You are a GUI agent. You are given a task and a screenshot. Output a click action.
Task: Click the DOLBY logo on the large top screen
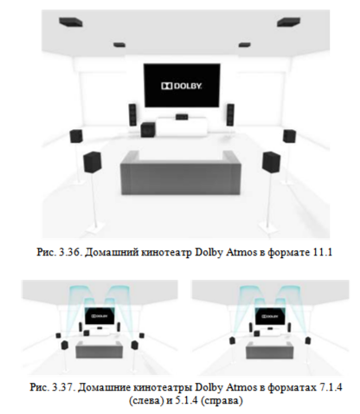tap(182, 86)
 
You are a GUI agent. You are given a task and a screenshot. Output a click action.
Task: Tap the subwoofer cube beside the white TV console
tap(148, 130)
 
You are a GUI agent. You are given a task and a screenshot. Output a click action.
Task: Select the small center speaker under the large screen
tap(182, 116)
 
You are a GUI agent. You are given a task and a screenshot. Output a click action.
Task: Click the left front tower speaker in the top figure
tap(132, 114)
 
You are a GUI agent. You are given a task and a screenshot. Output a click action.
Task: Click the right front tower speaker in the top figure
tap(230, 114)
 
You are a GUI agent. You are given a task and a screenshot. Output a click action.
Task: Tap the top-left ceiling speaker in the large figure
tap(71, 22)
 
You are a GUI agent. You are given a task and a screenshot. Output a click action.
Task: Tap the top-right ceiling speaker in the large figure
tap(288, 22)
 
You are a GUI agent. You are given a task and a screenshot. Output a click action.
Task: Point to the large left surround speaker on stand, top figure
tap(93, 162)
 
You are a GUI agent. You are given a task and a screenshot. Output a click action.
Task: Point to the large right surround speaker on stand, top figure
tap(271, 162)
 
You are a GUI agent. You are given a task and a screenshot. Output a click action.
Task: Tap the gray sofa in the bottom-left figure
tap(99, 349)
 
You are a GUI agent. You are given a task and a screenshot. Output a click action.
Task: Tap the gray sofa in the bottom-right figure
tap(269, 349)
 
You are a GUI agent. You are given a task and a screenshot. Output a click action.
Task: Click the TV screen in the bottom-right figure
tap(270, 316)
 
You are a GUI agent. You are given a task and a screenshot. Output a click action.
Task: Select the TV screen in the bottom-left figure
tap(100, 316)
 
